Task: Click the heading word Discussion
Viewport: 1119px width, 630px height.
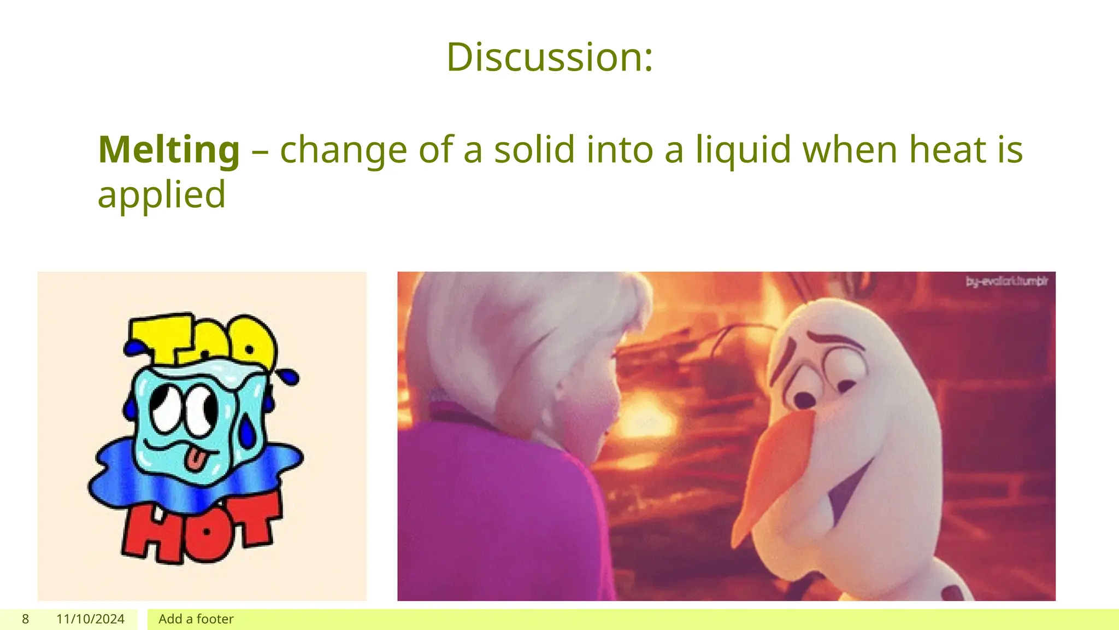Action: click(549, 57)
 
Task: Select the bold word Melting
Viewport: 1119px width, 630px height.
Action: click(169, 150)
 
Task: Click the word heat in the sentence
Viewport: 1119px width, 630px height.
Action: click(945, 150)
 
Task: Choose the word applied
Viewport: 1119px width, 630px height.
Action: click(161, 195)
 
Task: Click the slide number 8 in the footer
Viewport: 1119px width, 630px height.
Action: click(25, 619)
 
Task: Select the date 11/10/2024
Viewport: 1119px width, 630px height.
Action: click(90, 619)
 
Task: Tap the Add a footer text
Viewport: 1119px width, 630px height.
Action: click(196, 619)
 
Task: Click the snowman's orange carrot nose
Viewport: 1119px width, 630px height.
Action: click(776, 470)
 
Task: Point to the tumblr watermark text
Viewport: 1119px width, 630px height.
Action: click(1006, 282)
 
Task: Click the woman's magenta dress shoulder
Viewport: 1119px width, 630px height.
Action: click(492, 492)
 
